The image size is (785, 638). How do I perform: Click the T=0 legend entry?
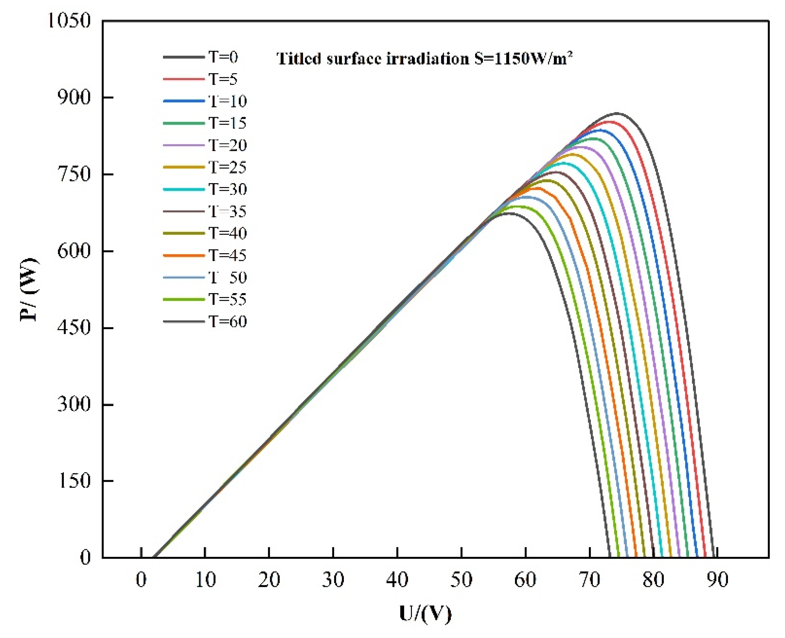pos(223,57)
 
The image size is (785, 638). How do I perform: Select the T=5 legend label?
pos(223,79)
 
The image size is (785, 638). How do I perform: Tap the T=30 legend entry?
pos(228,189)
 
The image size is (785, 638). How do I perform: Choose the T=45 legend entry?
pos(228,255)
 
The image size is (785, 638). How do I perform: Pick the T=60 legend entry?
pos(228,322)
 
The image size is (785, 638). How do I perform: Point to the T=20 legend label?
pos(228,145)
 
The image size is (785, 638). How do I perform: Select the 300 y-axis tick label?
pos(74,404)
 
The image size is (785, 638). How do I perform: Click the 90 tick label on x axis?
pos(717,579)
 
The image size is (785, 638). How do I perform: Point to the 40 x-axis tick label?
pos(397,579)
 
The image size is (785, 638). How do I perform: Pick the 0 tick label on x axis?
pos(141,579)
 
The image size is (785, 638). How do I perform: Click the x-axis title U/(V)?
pos(425,613)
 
